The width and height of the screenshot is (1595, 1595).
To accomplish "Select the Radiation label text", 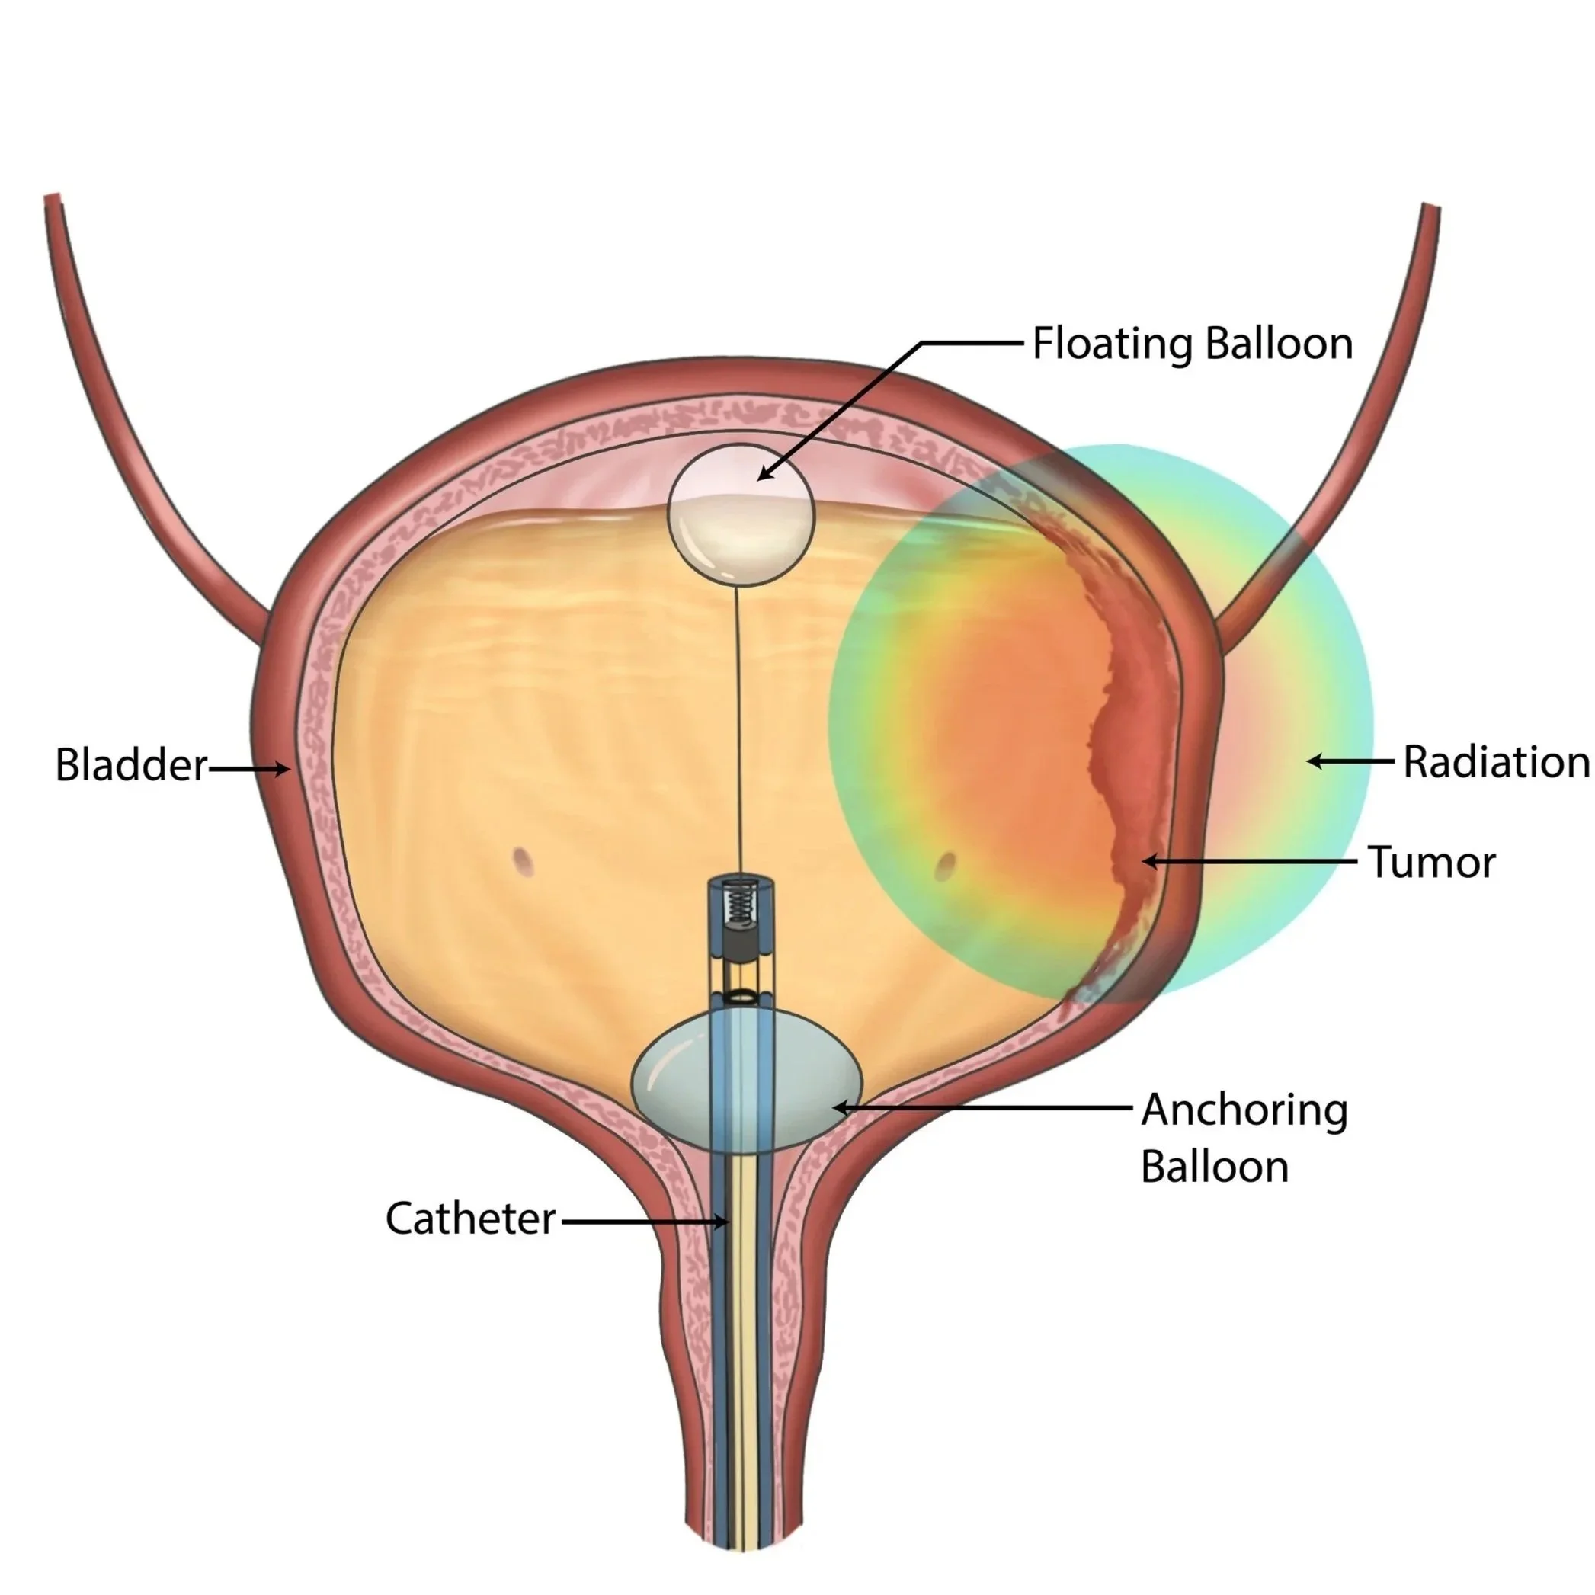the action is [1496, 761].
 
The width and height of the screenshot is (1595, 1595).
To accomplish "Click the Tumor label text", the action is [1431, 862].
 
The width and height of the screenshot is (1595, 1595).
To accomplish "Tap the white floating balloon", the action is [741, 515].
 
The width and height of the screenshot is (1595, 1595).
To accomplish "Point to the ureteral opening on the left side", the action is [522, 861].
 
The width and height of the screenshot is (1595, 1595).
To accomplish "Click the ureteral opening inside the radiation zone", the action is [946, 865].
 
